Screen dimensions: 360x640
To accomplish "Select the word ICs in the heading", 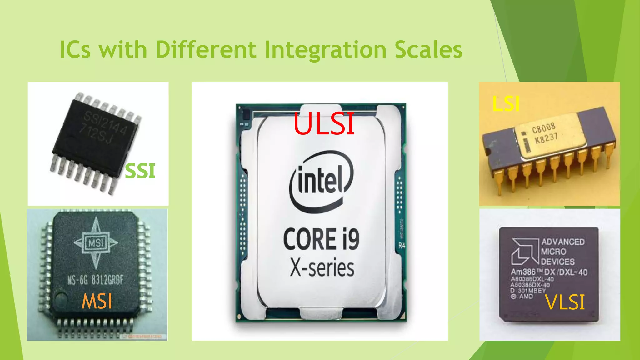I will pos(75,50).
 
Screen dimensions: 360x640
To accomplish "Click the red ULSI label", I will pos(324,124).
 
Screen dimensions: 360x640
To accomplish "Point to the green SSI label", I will pos(140,171).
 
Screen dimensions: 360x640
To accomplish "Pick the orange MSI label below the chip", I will pos(97,302).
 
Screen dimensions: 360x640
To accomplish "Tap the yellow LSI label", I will pos(506,104).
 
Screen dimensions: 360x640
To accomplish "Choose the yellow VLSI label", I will pos(565,302).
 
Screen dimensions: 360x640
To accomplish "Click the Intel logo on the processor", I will pos(321,181).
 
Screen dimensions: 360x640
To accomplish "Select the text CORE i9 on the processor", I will pos(321,239).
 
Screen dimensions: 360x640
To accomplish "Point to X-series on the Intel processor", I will pos(322,268).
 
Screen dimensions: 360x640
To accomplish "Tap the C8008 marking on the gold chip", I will pos(544,128).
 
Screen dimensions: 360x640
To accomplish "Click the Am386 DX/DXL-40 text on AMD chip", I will pos(549,272).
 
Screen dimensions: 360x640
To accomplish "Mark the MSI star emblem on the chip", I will pos(96,242).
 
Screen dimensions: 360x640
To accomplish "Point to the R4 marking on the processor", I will pos(402,246).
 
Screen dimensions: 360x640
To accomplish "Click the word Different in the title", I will pos(206,50).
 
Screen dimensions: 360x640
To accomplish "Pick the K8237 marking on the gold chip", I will pos(546,138).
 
